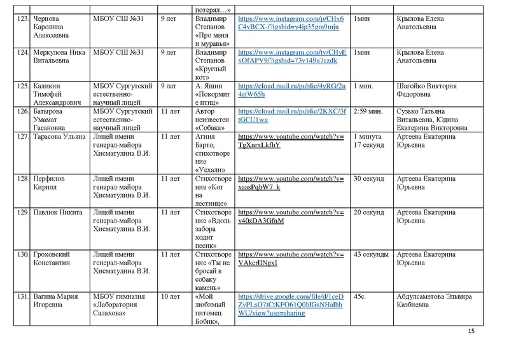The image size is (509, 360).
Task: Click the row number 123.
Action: [x=22, y=20]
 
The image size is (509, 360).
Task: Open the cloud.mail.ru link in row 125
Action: [x=291, y=90]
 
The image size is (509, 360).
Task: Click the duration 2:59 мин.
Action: [x=370, y=111]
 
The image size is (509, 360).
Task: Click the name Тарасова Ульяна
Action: [x=59, y=136]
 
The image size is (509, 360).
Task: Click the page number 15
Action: [x=471, y=331]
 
